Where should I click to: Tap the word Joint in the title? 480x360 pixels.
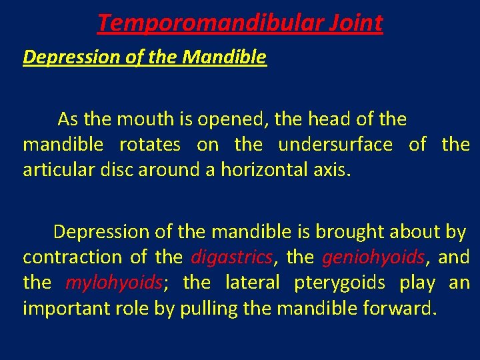355,23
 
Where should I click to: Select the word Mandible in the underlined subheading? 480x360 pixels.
224,57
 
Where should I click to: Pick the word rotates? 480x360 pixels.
150,145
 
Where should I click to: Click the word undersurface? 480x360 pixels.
335,145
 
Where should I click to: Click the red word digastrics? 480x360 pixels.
232,257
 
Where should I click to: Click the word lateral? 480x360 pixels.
253,283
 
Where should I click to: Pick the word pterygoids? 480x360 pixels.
339,283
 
